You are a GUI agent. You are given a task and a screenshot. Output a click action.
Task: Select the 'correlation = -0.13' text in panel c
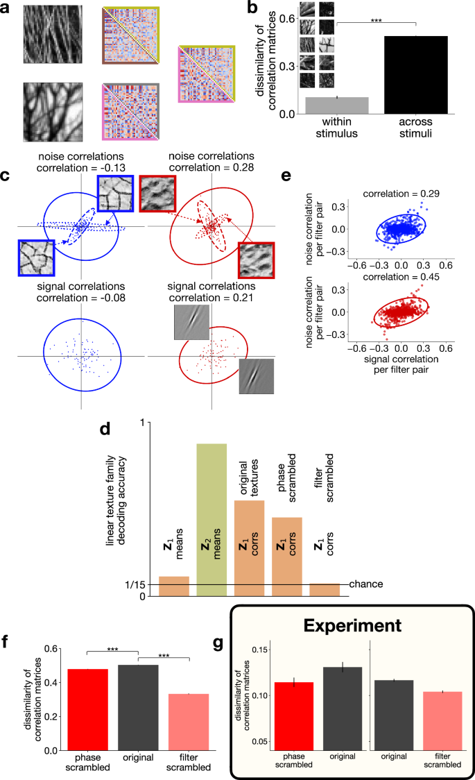click(x=81, y=167)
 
